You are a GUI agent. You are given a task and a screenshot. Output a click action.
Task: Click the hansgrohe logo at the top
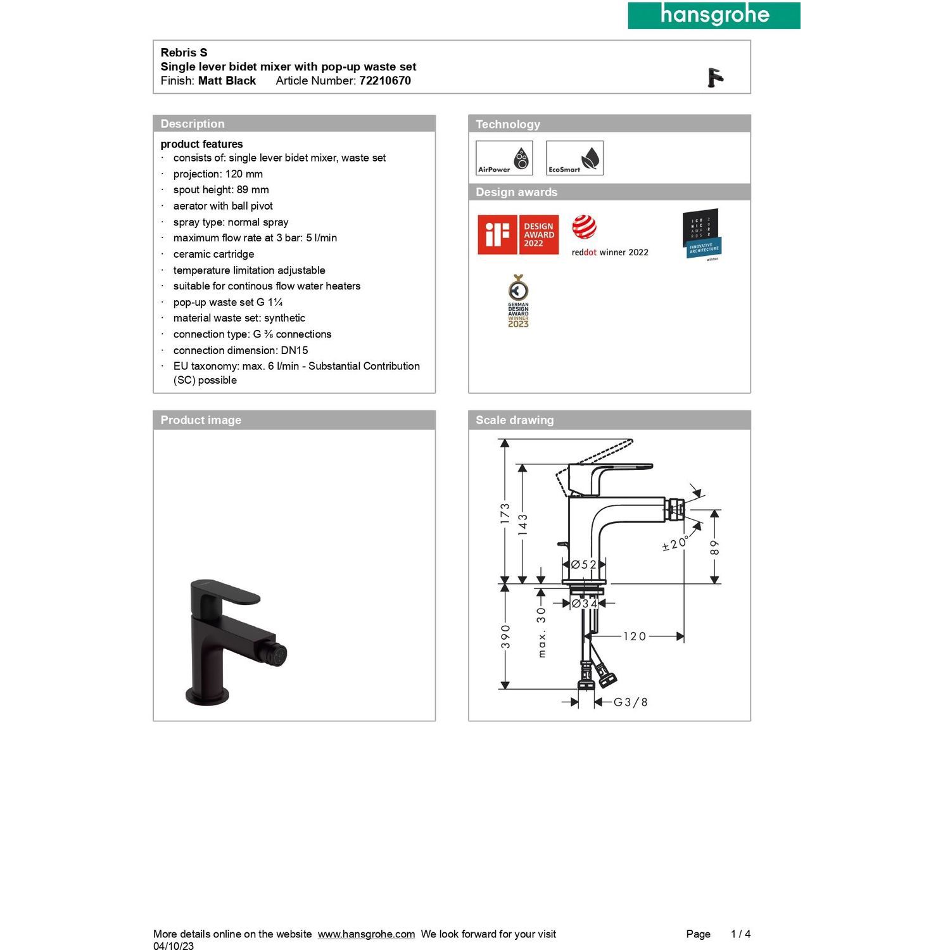[x=714, y=15]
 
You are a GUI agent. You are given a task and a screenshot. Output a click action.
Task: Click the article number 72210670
[x=385, y=80]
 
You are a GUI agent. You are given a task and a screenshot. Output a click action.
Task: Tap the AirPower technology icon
[x=504, y=158]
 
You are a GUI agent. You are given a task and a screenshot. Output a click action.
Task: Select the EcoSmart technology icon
[x=574, y=158]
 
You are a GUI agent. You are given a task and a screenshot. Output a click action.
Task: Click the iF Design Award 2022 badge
[x=518, y=234]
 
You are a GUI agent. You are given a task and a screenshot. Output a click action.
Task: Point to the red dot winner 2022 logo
[x=609, y=236]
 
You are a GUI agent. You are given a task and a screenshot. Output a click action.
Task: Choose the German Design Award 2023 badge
[x=518, y=301]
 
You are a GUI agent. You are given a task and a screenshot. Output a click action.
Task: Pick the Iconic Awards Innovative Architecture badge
[x=702, y=234]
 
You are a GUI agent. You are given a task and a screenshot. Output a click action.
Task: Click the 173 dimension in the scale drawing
[x=505, y=513]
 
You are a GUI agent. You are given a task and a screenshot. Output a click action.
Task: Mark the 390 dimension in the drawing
[x=505, y=636]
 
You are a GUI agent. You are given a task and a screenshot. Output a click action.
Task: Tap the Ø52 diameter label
[x=583, y=564]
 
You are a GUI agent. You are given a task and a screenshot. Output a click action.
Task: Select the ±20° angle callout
[x=676, y=543]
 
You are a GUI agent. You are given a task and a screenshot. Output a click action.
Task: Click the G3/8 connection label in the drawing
[x=630, y=702]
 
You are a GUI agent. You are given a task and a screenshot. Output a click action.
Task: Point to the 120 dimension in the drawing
[x=634, y=636]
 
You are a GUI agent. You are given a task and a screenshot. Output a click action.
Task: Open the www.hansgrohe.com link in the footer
[x=366, y=934]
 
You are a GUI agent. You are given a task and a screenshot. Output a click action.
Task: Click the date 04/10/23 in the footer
[x=174, y=946]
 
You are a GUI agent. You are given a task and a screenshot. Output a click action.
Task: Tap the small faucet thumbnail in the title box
[x=715, y=78]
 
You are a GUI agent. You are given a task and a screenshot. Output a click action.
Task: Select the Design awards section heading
[x=517, y=192]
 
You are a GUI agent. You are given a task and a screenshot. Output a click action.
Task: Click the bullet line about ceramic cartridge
[x=213, y=254]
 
